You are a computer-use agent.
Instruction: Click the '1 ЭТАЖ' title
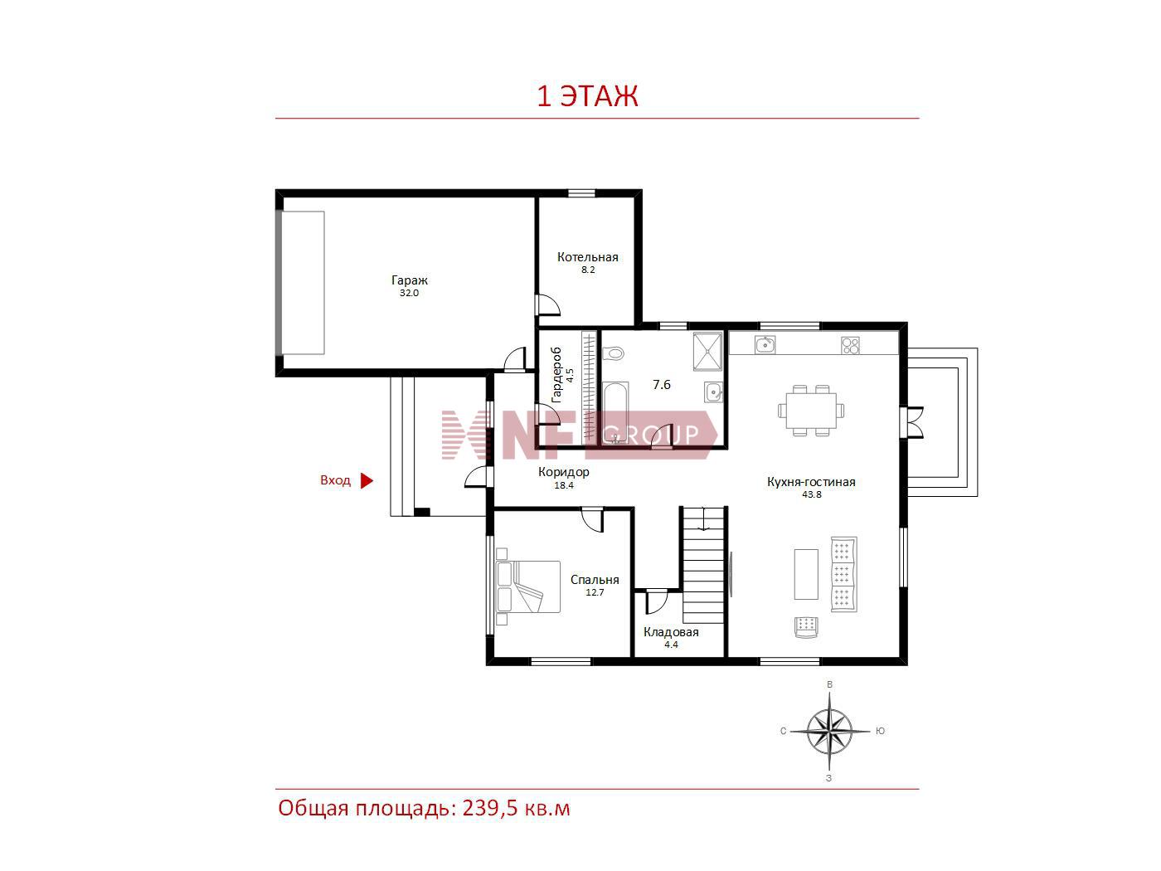point(587,96)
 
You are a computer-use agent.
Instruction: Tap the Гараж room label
point(409,280)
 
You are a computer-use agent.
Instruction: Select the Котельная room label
point(588,257)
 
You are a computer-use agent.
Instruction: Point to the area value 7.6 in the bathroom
point(661,384)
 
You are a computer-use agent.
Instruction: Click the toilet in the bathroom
point(613,353)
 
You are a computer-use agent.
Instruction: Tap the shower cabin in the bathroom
point(707,351)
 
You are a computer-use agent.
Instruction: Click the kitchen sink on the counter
point(765,345)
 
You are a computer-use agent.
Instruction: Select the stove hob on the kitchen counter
point(850,345)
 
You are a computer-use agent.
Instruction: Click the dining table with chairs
point(811,411)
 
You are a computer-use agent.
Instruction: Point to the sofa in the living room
point(843,574)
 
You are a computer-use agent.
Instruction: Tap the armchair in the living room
point(806,628)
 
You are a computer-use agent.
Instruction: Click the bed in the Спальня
point(528,586)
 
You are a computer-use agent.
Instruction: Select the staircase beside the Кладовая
point(703,565)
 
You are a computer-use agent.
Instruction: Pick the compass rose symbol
point(829,732)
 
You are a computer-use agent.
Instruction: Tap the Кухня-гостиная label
point(811,482)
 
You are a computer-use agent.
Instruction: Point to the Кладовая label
point(671,632)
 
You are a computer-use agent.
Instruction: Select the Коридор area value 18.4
point(563,485)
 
